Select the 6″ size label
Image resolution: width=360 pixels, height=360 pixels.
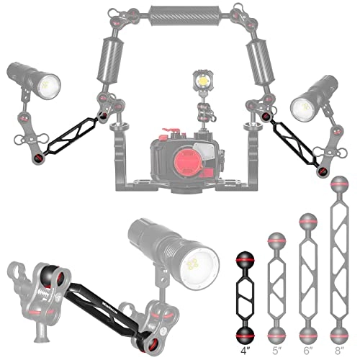(307, 351)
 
